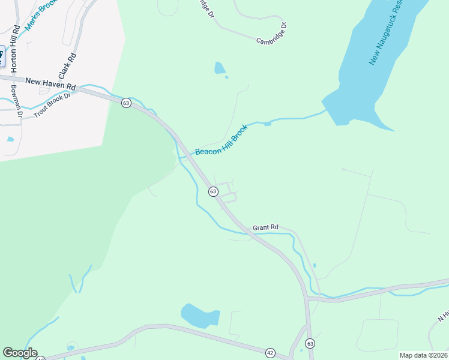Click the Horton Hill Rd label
(14, 47)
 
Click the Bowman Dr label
(16, 101)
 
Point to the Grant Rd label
(265, 227)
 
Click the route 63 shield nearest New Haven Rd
(125, 103)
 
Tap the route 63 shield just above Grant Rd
(213, 191)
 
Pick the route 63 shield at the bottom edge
(310, 343)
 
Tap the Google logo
(20, 353)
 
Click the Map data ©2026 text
(424, 355)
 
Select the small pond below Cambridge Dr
(220, 68)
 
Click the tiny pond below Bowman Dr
(10, 139)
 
